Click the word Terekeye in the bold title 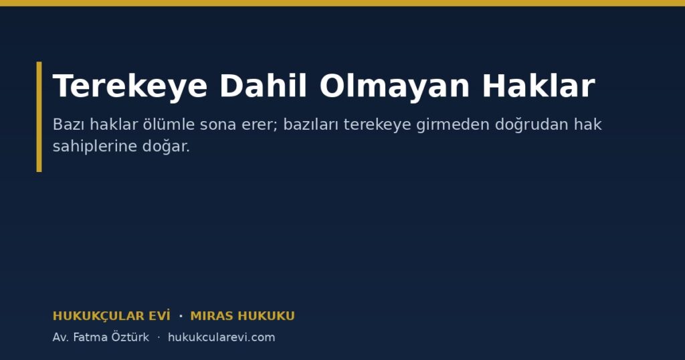click(130, 86)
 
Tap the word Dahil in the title click(263, 86)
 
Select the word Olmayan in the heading click(395, 86)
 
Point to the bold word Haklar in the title click(539, 86)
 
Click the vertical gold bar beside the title click(39, 116)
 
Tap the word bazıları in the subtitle click(311, 124)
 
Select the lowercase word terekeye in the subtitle click(377, 125)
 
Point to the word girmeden click(453, 125)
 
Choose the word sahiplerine click(95, 147)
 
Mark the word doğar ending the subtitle click(166, 147)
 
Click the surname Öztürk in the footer click(130, 337)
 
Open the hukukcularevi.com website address click(221, 337)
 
